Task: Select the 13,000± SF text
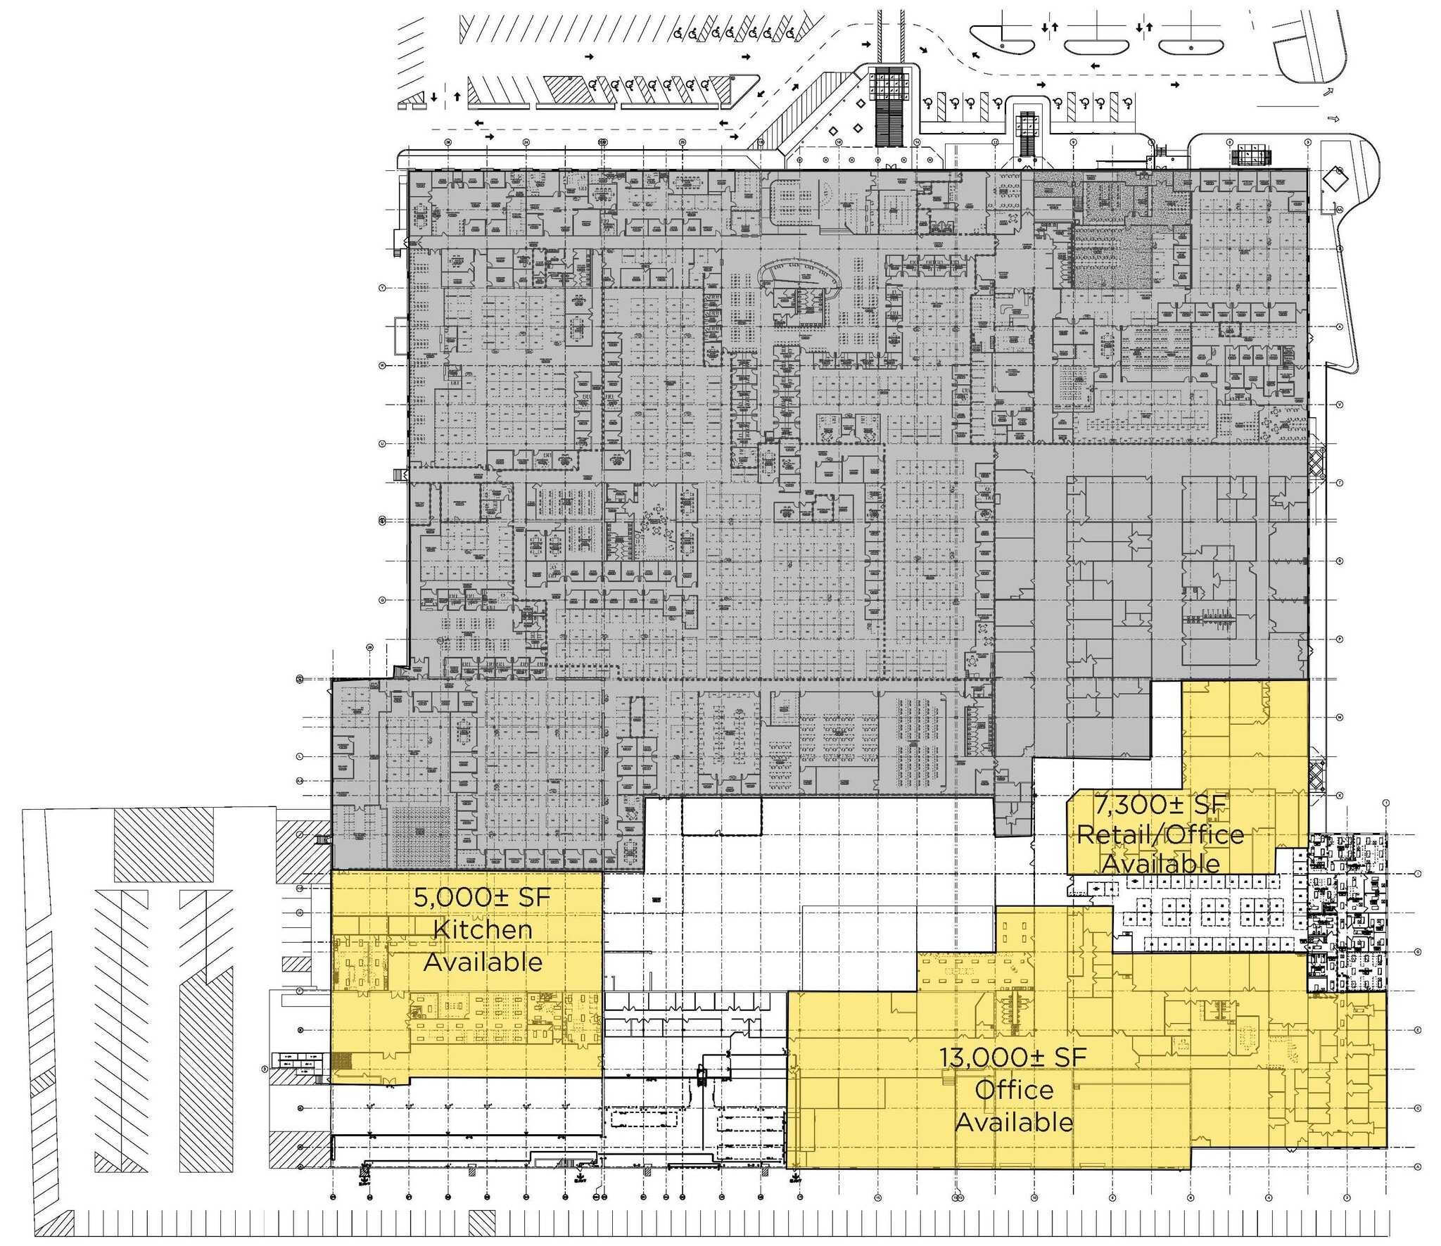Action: [x=1013, y=1057]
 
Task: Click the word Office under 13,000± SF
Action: [x=1013, y=1090]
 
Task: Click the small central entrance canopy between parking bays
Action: [x=1027, y=123]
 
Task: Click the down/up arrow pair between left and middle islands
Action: [x=1050, y=27]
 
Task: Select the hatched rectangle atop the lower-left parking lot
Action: [x=163, y=844]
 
